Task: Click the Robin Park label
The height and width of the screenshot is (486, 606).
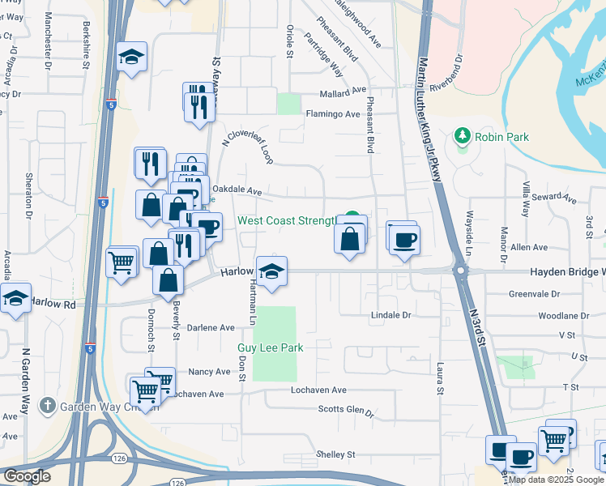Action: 501,137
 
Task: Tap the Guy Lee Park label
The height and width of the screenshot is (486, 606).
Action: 270,347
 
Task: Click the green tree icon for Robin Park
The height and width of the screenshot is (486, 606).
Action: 463,135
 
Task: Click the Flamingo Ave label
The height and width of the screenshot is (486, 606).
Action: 332,114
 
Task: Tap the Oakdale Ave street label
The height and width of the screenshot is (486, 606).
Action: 237,191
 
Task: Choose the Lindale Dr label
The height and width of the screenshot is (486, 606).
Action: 392,314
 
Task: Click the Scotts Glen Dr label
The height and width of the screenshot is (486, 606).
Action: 346,411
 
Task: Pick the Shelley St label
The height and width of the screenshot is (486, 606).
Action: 336,454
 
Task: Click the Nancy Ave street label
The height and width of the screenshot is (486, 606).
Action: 209,372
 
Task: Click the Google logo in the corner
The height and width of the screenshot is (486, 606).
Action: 27,475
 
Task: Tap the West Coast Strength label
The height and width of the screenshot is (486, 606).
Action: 286,220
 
